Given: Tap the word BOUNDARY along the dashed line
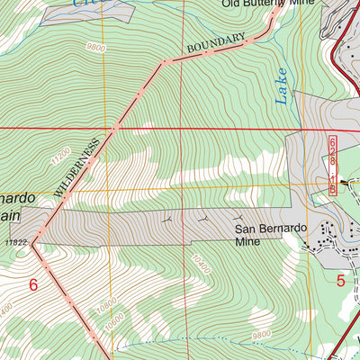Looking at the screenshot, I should click(216, 43).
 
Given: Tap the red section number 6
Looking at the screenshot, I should click(33, 285).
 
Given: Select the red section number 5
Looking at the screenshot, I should click(341, 280).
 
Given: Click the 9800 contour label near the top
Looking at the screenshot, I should click(97, 48).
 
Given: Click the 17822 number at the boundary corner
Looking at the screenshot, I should click(17, 242).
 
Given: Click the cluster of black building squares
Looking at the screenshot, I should click(326, 236).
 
